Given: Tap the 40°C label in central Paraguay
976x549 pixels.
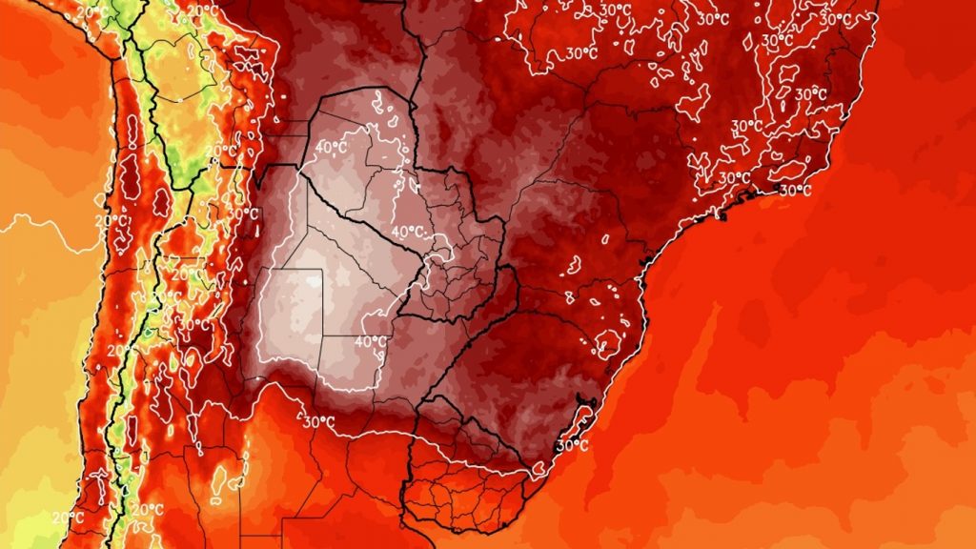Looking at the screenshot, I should tap(408, 232).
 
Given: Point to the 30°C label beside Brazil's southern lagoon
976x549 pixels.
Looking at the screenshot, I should tap(571, 444).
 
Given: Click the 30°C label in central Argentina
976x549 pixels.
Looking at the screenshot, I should tap(318, 421).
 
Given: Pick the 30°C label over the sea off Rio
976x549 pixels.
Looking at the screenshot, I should tap(793, 190).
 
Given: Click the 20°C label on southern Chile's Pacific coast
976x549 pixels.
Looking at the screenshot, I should tap(67, 518).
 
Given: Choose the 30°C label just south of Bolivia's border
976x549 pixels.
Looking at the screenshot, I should tap(244, 213).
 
